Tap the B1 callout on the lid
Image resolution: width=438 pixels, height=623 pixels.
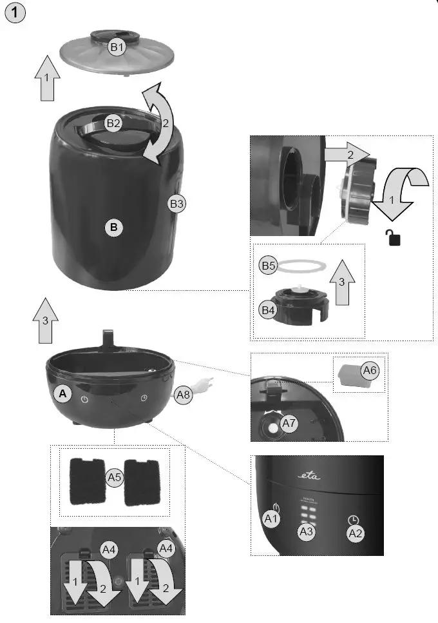pyautogui.click(x=117, y=47)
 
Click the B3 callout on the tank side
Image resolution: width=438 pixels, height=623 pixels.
pyautogui.click(x=177, y=204)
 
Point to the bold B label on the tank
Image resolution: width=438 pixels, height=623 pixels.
pyautogui.click(x=114, y=227)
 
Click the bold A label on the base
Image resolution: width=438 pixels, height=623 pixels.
pyautogui.click(x=62, y=393)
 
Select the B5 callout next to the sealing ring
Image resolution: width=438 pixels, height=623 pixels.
pyautogui.click(x=269, y=265)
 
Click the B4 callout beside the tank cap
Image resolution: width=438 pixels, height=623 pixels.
pyautogui.click(x=269, y=310)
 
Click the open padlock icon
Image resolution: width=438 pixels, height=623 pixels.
pyautogui.click(x=394, y=237)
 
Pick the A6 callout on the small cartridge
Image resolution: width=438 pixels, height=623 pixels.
pyautogui.click(x=369, y=370)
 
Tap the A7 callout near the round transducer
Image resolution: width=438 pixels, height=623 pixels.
pyautogui.click(x=290, y=424)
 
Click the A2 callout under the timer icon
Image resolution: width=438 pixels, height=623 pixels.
pyautogui.click(x=356, y=533)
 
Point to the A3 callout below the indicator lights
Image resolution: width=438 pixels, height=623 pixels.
pyautogui.click(x=307, y=532)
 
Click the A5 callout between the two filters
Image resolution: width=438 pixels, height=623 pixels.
pyautogui.click(x=114, y=478)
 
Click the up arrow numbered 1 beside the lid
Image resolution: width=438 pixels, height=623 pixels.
pyautogui.click(x=48, y=79)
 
